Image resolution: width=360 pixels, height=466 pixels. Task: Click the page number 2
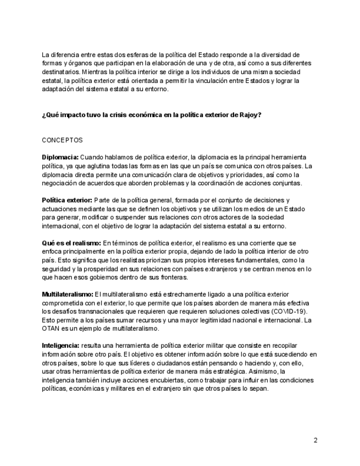coord(315,440)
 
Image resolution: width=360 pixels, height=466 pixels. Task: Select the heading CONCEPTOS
coord(62,140)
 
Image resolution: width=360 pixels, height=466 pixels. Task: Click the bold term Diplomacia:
coord(60,157)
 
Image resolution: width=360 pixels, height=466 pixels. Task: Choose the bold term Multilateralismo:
coord(68,295)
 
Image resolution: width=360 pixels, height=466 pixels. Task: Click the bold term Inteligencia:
coord(60,346)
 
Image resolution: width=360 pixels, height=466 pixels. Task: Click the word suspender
coord(124,218)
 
